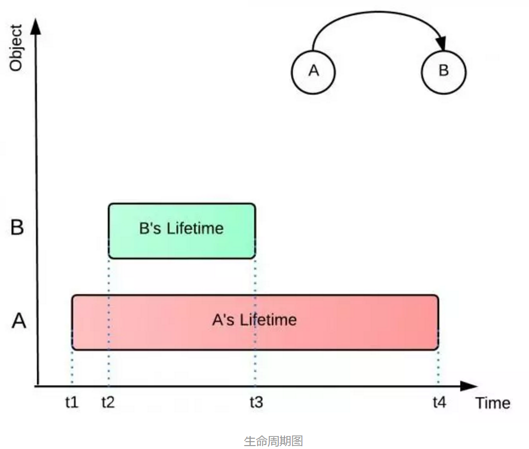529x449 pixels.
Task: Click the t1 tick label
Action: [72, 402]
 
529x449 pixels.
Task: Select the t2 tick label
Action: [108, 402]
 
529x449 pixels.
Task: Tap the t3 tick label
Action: [256, 402]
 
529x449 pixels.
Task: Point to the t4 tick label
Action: [439, 402]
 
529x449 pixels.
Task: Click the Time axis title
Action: [492, 403]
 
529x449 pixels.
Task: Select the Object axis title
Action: [16, 47]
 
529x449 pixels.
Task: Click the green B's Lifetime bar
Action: [181, 231]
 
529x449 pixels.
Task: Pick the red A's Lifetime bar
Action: [255, 322]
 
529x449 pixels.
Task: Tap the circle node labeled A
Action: [313, 71]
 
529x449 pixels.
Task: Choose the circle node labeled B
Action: [443, 71]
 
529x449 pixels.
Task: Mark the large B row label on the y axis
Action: [17, 228]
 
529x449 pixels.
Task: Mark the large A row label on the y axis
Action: [19, 321]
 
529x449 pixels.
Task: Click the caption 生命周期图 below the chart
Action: [273, 441]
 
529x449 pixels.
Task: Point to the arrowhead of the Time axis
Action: [469, 386]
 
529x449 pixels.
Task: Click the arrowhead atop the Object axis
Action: [37, 26]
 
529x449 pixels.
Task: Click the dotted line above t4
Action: [438, 367]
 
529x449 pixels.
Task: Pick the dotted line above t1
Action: [73, 367]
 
